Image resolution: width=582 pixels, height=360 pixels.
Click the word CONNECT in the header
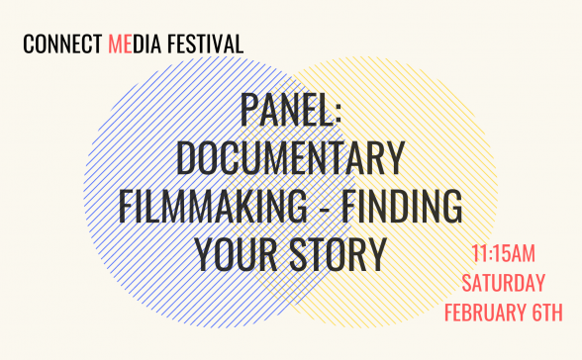click(x=62, y=45)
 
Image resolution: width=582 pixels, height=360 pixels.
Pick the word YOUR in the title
click(x=238, y=254)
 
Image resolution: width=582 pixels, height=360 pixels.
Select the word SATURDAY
click(x=503, y=283)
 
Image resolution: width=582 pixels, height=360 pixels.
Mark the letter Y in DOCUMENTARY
click(x=394, y=159)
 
